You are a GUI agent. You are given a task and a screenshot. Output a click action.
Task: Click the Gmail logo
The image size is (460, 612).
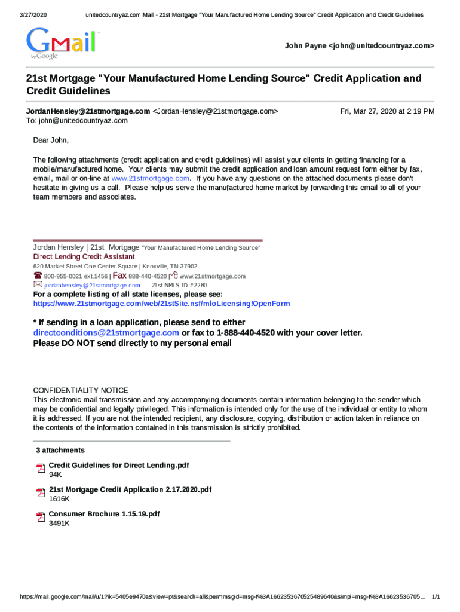coord(62,43)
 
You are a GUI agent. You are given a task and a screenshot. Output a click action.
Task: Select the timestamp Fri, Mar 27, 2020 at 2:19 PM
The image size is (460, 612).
coord(387,111)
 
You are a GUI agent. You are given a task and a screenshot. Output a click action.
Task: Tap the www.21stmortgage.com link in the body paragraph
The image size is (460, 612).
coord(151,178)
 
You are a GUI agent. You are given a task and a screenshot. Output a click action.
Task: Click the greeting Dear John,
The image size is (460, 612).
coord(51,140)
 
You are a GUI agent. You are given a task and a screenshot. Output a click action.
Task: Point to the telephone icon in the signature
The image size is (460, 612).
coord(38,276)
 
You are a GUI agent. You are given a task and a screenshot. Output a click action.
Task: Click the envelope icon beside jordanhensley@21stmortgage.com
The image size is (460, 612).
coord(38,285)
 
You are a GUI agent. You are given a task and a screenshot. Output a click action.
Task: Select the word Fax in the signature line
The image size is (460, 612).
coord(119,276)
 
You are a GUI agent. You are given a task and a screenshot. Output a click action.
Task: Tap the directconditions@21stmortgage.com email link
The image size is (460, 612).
coord(106,333)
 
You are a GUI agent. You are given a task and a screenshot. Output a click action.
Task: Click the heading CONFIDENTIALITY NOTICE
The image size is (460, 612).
coord(80,390)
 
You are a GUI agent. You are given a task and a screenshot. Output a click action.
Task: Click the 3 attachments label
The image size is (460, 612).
coord(60,450)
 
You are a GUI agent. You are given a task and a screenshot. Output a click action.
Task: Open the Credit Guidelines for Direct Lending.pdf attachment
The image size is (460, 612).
coord(119,465)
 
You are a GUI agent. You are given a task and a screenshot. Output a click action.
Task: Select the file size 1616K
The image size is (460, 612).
coord(59,499)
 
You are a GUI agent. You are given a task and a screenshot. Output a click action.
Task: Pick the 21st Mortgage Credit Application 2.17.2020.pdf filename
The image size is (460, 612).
coord(130,489)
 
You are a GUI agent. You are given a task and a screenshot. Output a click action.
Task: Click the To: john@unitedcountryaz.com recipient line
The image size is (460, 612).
coord(76,121)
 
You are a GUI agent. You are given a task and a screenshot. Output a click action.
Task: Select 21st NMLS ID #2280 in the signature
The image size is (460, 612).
coord(179,285)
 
